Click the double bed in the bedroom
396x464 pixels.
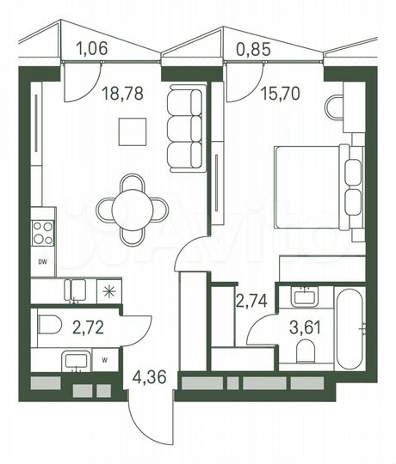click(x=314, y=186)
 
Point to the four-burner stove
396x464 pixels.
click(x=43, y=231)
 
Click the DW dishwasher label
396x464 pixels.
click(x=42, y=261)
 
